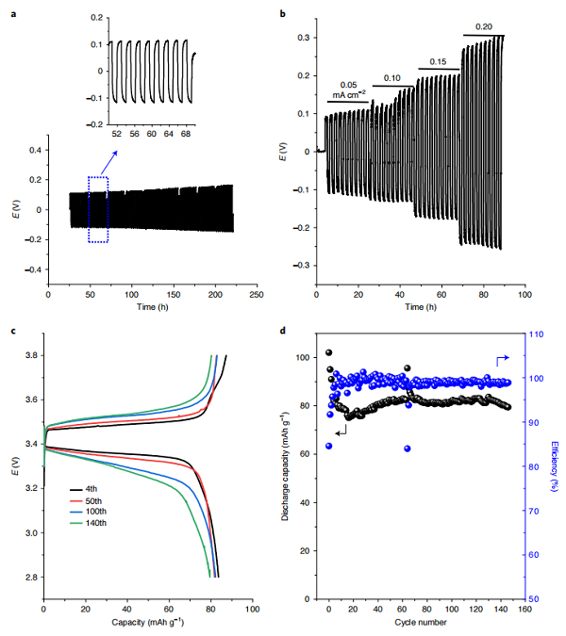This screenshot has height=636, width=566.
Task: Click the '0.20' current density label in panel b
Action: (x=483, y=27)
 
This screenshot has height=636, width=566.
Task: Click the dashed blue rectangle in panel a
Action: (x=99, y=209)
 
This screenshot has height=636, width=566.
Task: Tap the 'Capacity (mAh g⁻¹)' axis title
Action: (x=147, y=624)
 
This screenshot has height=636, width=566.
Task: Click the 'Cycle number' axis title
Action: (x=420, y=624)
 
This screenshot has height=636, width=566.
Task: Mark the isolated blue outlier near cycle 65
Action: (x=407, y=448)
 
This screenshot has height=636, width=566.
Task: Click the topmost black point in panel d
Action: (x=329, y=352)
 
